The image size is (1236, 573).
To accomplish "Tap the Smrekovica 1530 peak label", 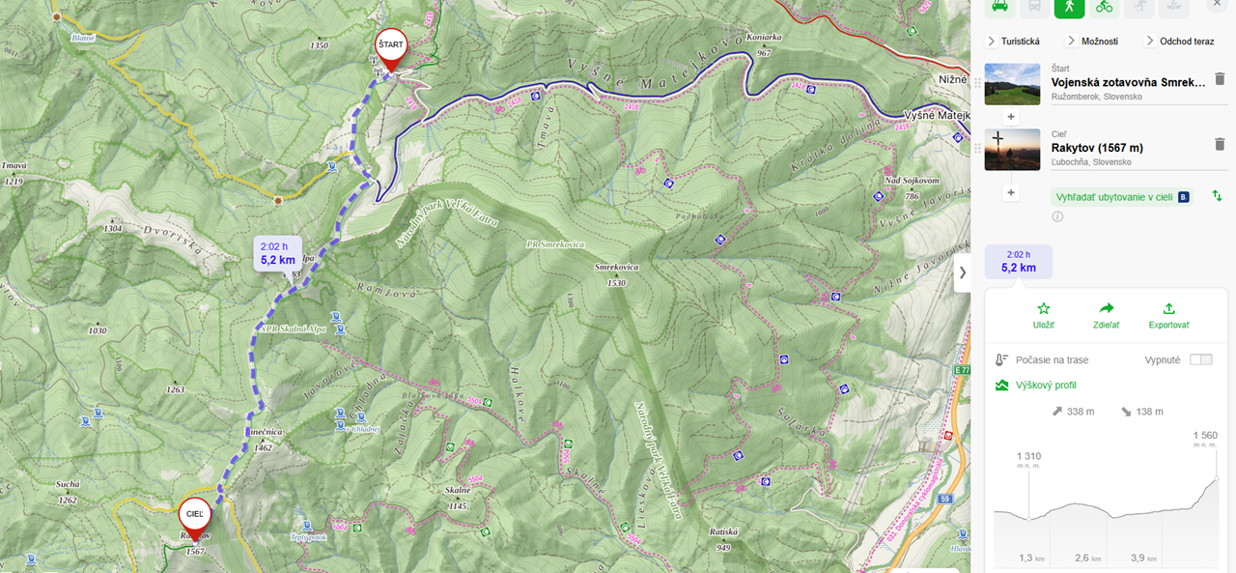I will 616,274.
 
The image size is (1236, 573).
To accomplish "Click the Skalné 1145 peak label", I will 458,498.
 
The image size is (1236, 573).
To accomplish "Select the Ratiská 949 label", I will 723,538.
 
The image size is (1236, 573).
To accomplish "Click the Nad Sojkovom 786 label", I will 911,187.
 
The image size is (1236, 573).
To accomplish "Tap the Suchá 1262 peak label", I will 68,492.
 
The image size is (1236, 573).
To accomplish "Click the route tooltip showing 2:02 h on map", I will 278,252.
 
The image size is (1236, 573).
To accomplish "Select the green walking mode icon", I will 1068,6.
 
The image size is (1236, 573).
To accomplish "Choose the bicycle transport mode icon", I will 1104,6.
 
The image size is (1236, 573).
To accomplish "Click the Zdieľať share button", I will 1106,315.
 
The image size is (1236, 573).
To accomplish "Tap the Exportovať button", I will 1168,315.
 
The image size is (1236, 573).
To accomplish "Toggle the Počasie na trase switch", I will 1200,359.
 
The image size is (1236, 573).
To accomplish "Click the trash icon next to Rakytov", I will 1219,144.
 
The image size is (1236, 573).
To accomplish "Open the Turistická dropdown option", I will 1013,41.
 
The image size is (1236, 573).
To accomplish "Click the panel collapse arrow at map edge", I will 962,273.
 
